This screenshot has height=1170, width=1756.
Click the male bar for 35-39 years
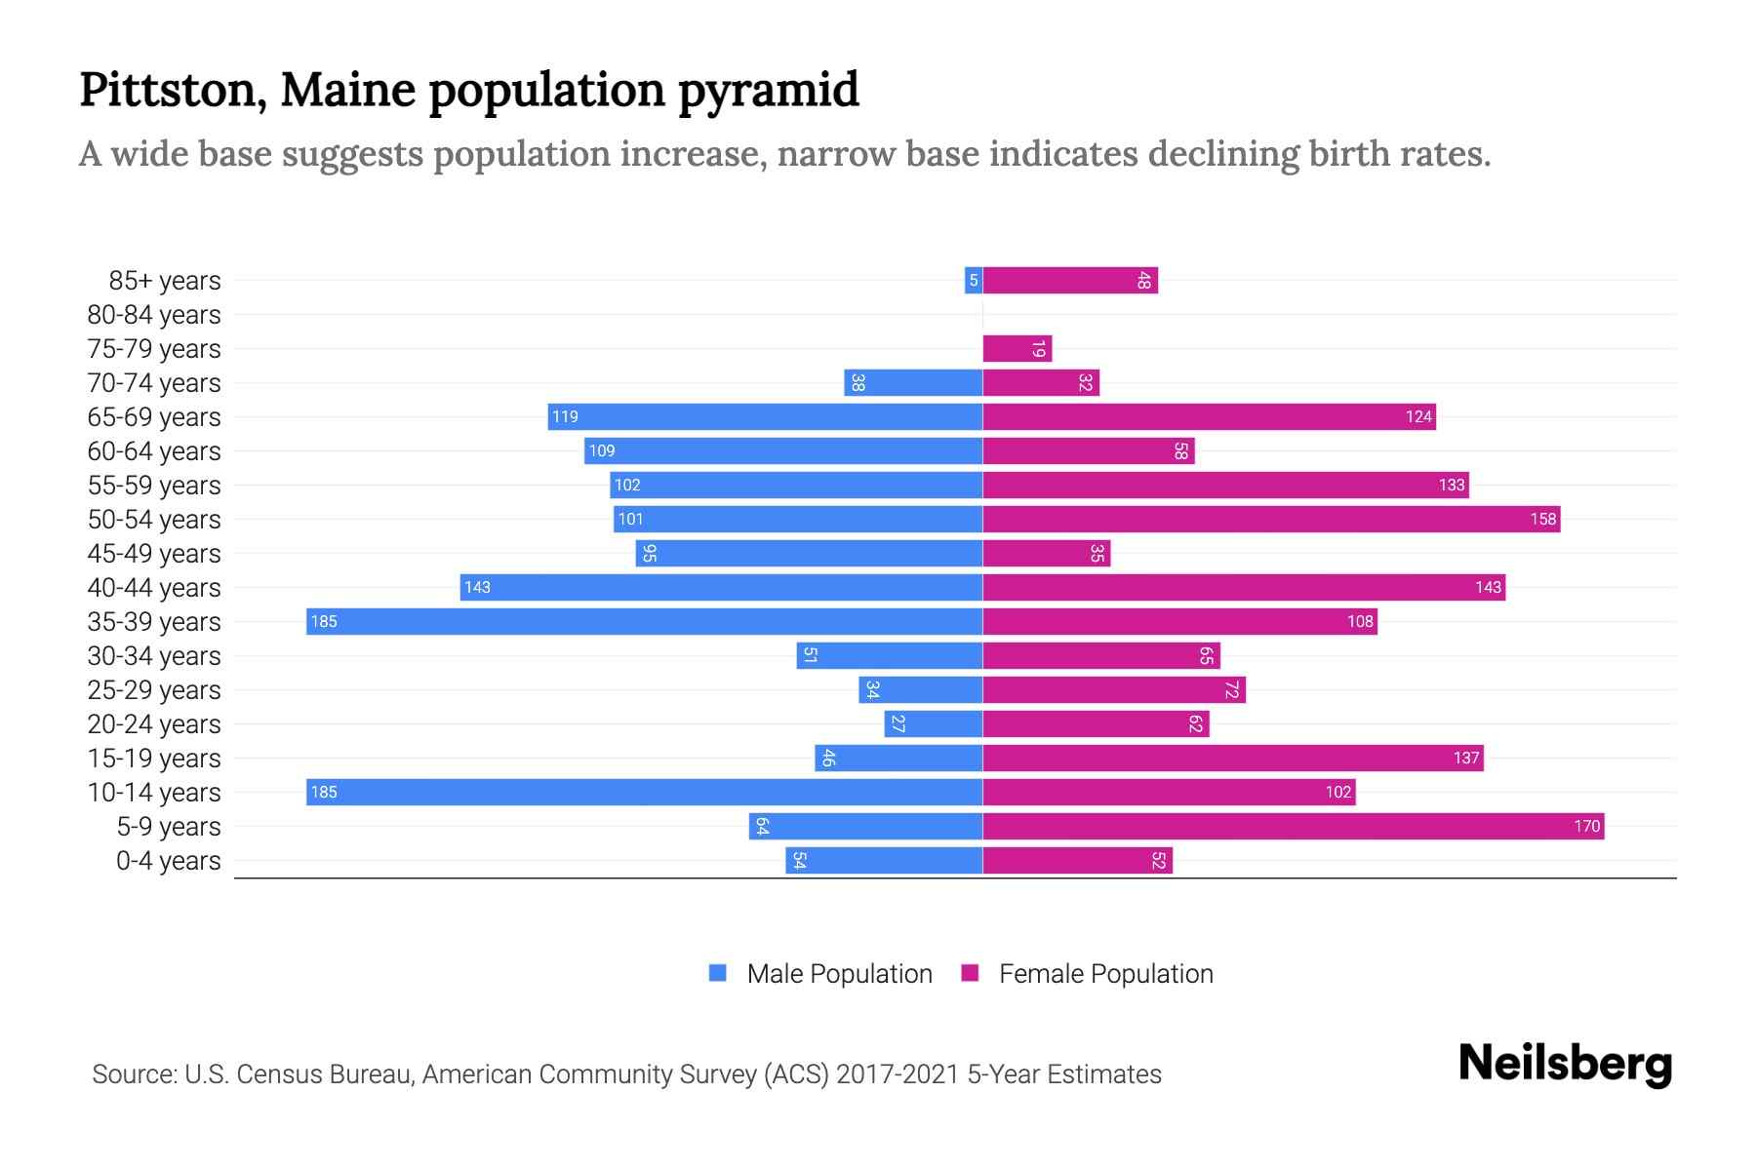(x=644, y=621)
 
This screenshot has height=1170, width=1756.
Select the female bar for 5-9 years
(x=1293, y=826)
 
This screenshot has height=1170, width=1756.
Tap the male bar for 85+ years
(x=973, y=281)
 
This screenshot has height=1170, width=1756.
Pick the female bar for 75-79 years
(x=1017, y=349)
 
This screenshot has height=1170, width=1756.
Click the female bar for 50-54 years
(x=1271, y=519)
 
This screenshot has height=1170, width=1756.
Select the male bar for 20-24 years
(x=933, y=723)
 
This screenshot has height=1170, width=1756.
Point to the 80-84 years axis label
(x=154, y=315)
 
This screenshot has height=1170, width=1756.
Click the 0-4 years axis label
(x=168, y=861)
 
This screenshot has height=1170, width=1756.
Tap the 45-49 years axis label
(x=154, y=554)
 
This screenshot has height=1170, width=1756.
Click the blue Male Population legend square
(x=718, y=973)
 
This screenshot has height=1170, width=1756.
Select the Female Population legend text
(x=1105, y=973)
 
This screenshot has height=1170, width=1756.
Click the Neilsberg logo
(x=1565, y=1064)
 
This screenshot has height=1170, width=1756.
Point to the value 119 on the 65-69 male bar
(x=565, y=417)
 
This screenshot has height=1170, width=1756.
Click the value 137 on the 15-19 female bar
(x=1466, y=758)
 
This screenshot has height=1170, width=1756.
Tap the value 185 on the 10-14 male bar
(x=324, y=792)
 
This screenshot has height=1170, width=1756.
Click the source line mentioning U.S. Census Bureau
(x=626, y=1073)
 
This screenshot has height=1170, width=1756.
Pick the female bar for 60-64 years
(x=1088, y=451)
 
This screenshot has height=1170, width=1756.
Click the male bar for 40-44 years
(x=721, y=587)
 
